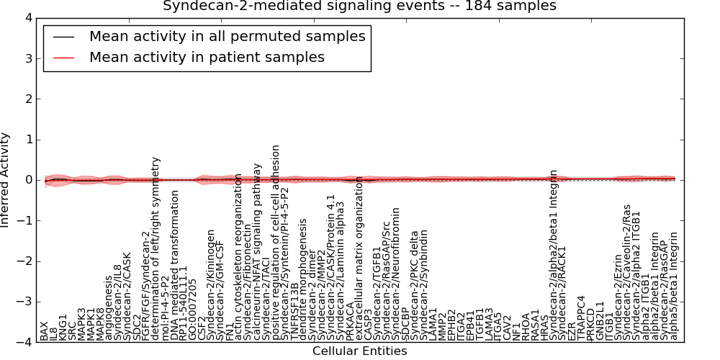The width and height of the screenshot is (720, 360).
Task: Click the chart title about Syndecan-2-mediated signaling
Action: [359, 6]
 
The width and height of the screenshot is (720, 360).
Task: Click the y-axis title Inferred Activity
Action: [6, 180]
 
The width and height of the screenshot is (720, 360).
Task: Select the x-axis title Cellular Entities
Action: [359, 351]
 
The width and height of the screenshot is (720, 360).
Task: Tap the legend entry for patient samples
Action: [207, 57]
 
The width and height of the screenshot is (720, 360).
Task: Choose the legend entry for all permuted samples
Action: [227, 36]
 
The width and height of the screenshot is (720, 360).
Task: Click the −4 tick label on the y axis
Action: [24, 343]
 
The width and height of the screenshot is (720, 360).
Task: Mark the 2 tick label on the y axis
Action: [27, 99]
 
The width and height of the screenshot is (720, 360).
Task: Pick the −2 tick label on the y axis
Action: [24, 261]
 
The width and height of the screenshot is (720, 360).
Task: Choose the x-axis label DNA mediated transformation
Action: [175, 270]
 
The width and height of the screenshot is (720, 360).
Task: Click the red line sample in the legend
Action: [63, 58]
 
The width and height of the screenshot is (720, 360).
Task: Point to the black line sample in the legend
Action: [63, 37]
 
